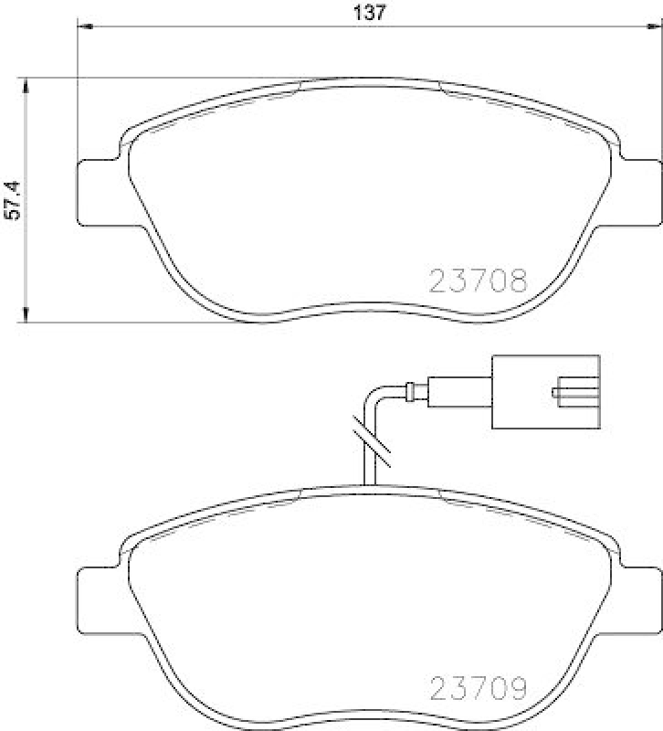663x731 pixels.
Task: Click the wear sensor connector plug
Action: click(546, 391)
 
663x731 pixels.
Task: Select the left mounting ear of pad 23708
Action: click(95, 193)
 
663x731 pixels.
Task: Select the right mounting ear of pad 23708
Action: click(641, 193)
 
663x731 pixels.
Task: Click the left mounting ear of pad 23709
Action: click(95, 600)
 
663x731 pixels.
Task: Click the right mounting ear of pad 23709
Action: click(641, 600)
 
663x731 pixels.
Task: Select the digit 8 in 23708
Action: click(518, 280)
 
